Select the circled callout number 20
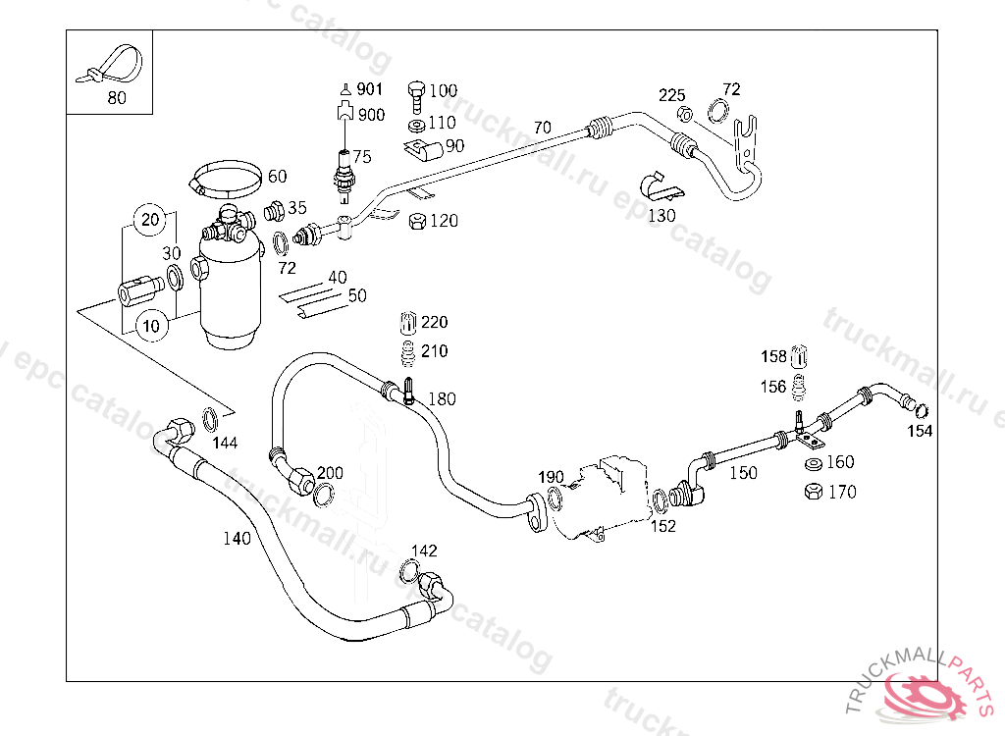pos(149,220)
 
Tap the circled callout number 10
pos(149,326)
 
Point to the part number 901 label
pos(369,89)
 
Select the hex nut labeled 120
pos(416,221)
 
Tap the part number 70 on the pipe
pos(542,128)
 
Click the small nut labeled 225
pos(686,115)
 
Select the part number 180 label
pos(442,399)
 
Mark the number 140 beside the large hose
pos(237,538)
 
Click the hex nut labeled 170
pos(813,492)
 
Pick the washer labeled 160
pos(813,463)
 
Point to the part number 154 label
pos(919,431)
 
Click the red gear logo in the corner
pos(926,698)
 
